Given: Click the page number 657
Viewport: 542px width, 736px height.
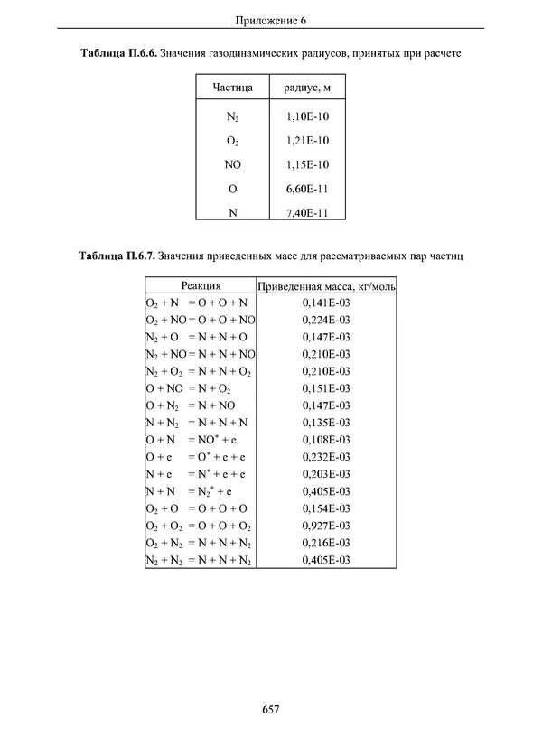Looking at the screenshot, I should (x=271, y=710).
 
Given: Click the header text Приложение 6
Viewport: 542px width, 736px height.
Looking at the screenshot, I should (x=271, y=20).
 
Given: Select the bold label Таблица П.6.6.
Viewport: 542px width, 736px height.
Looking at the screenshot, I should (x=117, y=54).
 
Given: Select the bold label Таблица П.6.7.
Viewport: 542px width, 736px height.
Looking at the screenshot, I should (x=117, y=256).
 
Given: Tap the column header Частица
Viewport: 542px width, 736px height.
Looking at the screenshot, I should (x=232, y=88).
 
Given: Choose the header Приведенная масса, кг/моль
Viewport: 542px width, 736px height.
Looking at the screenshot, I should (x=326, y=286).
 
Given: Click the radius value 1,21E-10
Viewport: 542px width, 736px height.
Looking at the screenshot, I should (x=307, y=140).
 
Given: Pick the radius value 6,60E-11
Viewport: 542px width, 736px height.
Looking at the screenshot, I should (x=307, y=189).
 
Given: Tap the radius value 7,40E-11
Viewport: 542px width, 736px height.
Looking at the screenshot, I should (x=307, y=213).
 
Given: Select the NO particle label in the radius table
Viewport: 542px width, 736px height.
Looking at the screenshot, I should (x=232, y=164).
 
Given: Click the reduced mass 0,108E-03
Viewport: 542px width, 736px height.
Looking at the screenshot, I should (x=326, y=440).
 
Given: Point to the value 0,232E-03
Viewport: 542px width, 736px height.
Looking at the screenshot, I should (x=326, y=457).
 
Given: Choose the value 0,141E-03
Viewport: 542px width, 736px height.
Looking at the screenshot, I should (x=326, y=303).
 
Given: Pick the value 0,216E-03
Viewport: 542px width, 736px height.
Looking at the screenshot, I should (x=326, y=543).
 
